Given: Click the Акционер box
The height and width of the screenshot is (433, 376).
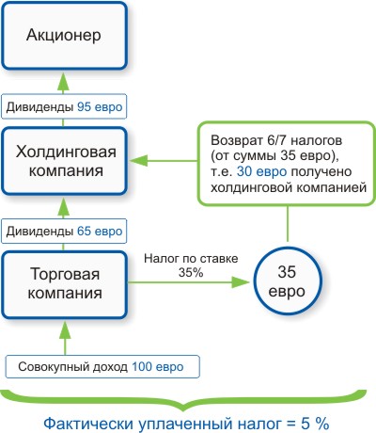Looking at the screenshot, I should click(64, 38).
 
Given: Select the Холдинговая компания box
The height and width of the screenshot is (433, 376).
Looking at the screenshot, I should click(64, 159).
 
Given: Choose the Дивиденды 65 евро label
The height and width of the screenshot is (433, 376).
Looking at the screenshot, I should click(64, 229).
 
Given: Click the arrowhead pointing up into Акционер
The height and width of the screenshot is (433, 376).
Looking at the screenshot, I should click(64, 82).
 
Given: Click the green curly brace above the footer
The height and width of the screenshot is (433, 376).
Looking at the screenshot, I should click(188, 395).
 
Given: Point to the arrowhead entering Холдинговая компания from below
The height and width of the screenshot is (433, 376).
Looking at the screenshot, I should click(64, 203).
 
